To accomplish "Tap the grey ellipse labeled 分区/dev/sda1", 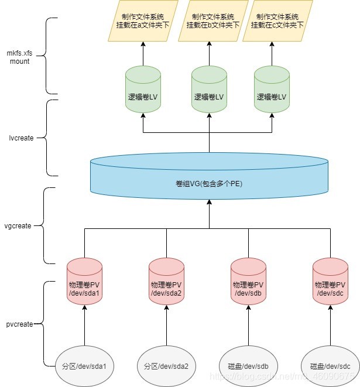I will pyautogui.click(x=84, y=367).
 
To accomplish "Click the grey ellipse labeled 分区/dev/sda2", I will pyautogui.click(x=166, y=367).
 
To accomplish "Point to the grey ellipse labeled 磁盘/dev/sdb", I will pyautogui.click(x=248, y=367).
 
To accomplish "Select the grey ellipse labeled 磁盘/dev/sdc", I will pyautogui.click(x=330, y=367).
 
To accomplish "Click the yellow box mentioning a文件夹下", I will pyautogui.click(x=143, y=21).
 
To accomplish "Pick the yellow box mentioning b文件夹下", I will pyautogui.click(x=209, y=21).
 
